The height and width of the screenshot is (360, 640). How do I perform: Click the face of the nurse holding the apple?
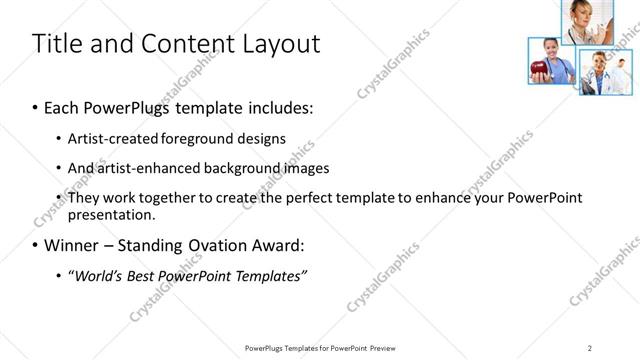549,48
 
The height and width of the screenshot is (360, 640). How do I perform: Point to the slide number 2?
590,347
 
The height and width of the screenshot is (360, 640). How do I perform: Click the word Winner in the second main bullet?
71,245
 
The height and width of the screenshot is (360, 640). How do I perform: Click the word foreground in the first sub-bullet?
211,138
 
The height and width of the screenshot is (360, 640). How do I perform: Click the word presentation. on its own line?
112,214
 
